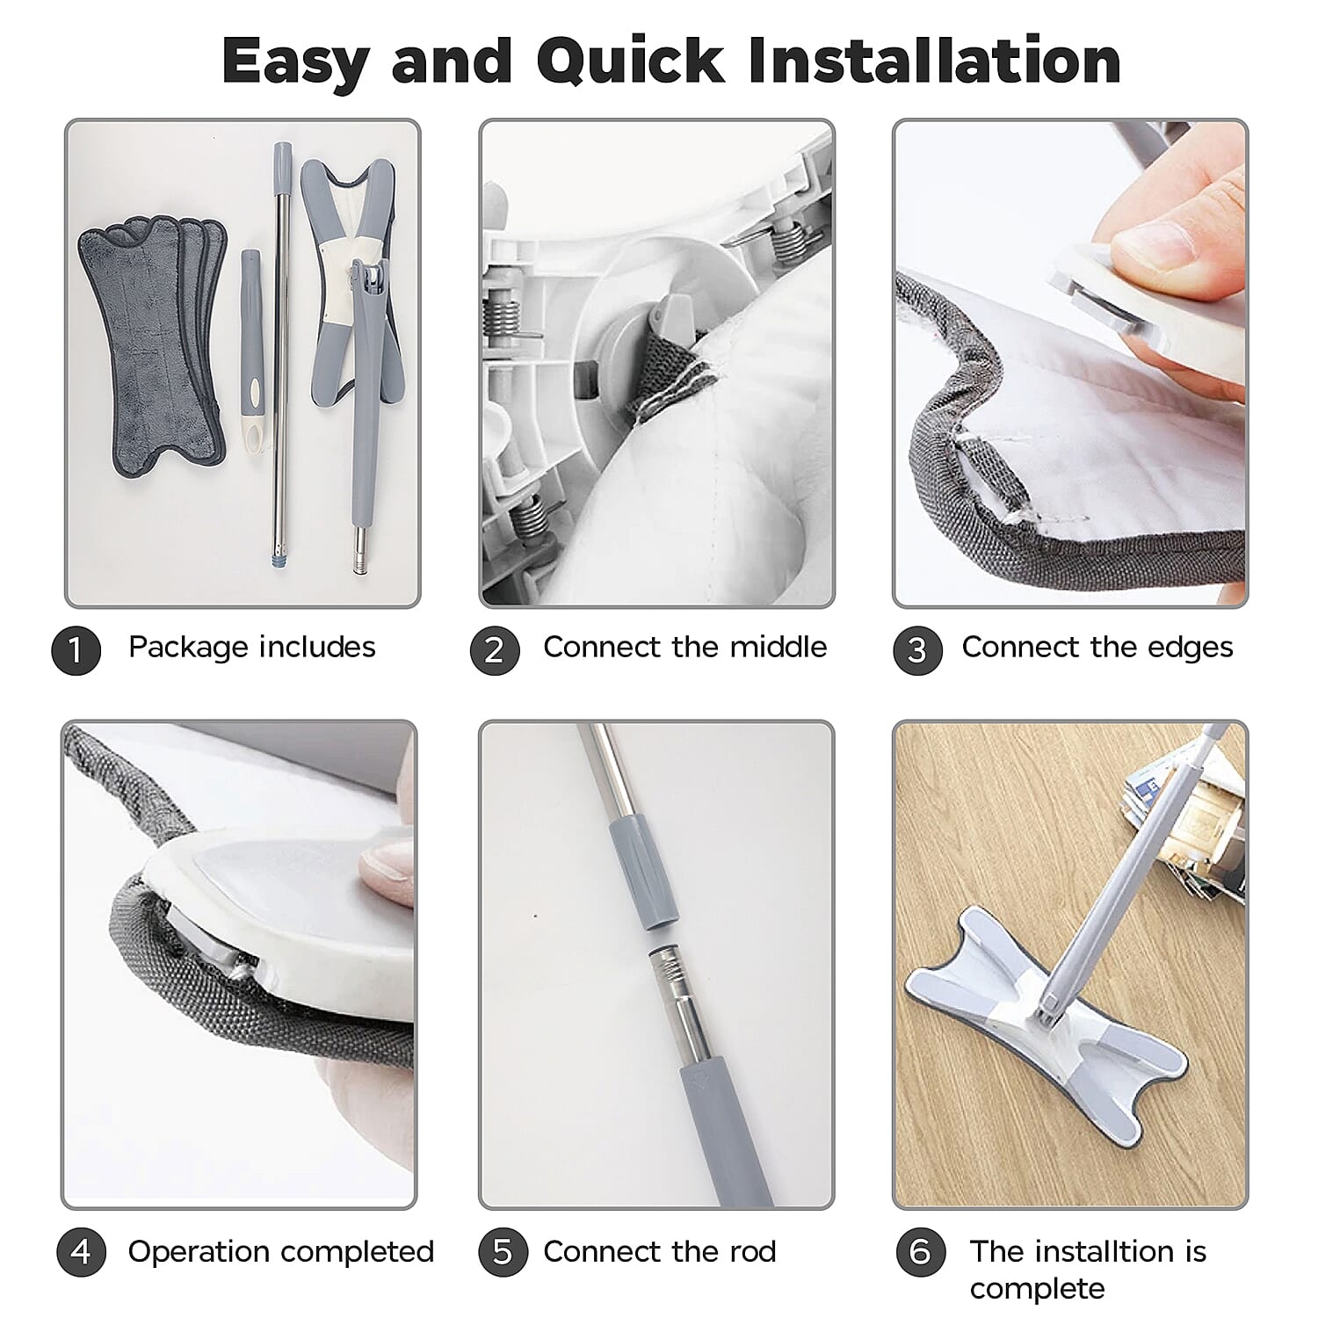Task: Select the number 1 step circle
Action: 76,650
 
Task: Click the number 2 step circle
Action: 494,650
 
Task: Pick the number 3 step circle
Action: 917,650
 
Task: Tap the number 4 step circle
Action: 81,1251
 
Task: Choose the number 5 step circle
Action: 502,1251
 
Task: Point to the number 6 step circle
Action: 920,1251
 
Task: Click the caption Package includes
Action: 252,648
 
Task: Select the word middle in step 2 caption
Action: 778,647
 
